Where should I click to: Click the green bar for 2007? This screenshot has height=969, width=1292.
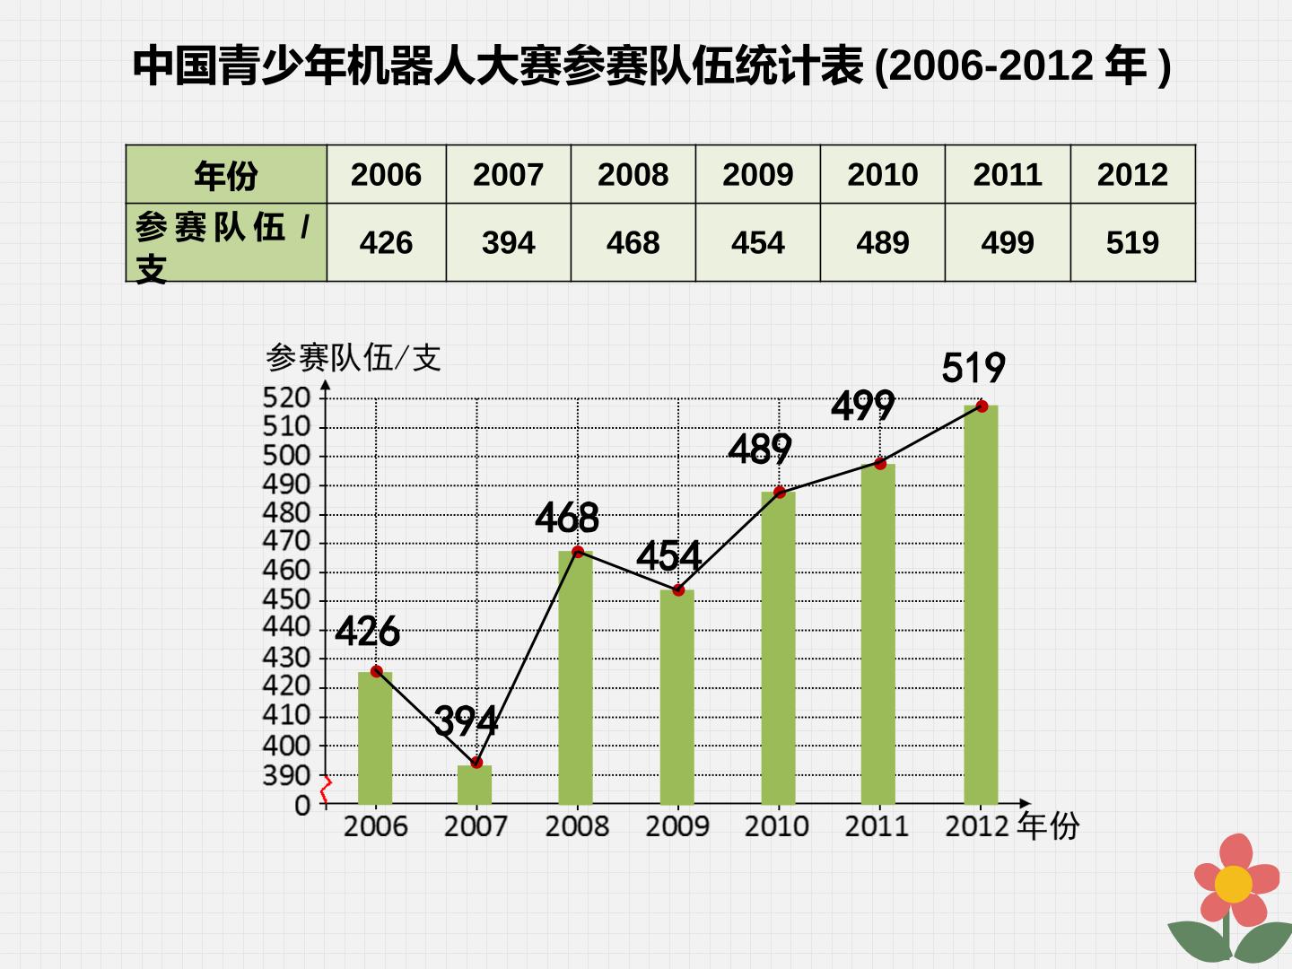pyautogui.click(x=475, y=784)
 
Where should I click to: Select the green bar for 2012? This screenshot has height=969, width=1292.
pyautogui.click(x=981, y=604)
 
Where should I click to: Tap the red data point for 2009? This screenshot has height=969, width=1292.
pyautogui.click(x=678, y=589)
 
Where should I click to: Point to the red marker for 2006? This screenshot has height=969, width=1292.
pyautogui.click(x=377, y=671)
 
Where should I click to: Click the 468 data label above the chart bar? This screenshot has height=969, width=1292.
pyautogui.click(x=567, y=518)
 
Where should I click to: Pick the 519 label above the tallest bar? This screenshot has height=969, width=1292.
pyautogui.click(x=973, y=368)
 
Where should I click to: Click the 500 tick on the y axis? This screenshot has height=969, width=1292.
pyautogui.click(x=286, y=456)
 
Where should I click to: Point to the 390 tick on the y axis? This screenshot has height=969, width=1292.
pyautogui.click(x=286, y=776)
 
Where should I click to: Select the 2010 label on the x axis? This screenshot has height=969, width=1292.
pyautogui.click(x=776, y=826)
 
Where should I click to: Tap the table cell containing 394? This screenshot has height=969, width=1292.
pyautogui.click(x=508, y=242)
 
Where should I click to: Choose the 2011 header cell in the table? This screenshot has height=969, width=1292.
pyautogui.click(x=1007, y=174)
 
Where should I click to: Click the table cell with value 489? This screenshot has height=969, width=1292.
pyautogui.click(x=882, y=242)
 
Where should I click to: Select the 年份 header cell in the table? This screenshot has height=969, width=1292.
pyautogui.click(x=226, y=174)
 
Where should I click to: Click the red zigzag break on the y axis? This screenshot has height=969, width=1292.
pyautogui.click(x=325, y=790)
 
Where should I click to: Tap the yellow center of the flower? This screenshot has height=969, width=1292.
pyautogui.click(x=1233, y=884)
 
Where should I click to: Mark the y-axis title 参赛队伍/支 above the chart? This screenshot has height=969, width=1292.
pyautogui.click(x=354, y=357)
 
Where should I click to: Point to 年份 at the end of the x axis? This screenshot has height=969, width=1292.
pyautogui.click(x=1048, y=825)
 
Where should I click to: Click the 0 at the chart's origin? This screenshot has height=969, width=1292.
pyautogui.click(x=302, y=806)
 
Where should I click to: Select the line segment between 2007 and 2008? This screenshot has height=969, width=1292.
pyautogui.click(x=528, y=657)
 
